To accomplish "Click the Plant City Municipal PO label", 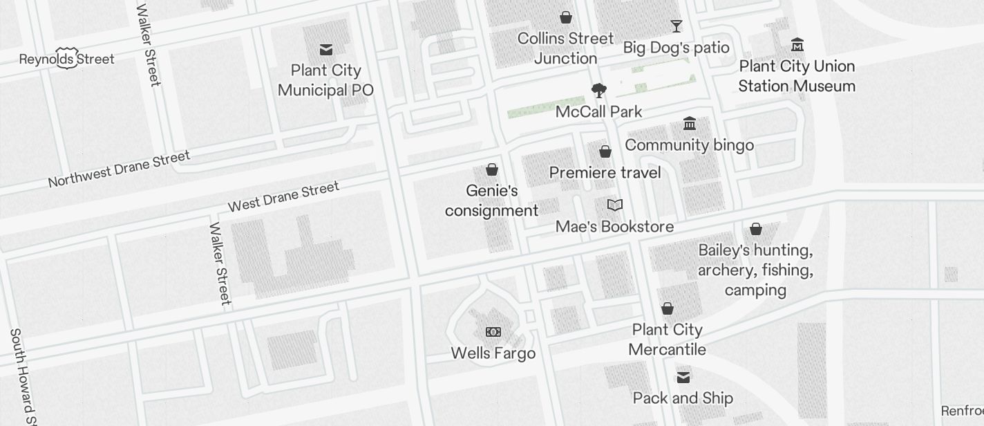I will [x=325, y=80].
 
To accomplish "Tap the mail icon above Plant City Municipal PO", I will [x=326, y=50].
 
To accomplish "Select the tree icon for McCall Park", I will [x=599, y=91].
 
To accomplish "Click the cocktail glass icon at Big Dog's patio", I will [x=676, y=26].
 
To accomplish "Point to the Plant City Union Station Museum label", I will [x=797, y=76].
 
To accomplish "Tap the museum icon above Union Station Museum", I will [x=797, y=45].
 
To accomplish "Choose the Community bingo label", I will [x=689, y=145].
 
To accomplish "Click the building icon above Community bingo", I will [x=690, y=124].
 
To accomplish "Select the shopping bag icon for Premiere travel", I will [x=605, y=151].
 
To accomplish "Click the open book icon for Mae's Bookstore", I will [x=615, y=205].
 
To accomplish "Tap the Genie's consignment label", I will [x=491, y=201].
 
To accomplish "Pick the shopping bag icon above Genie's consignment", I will [x=492, y=169].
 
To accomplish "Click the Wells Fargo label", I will [x=493, y=353].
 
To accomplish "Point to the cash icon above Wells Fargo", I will [x=493, y=332].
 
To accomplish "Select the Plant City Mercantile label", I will [x=668, y=340].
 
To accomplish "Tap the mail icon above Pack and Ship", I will [x=683, y=377].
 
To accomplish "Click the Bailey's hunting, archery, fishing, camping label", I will [x=755, y=270].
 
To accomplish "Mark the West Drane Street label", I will [x=283, y=196].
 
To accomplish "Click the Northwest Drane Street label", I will [x=119, y=169].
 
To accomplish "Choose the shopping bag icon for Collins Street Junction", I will [x=566, y=17].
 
